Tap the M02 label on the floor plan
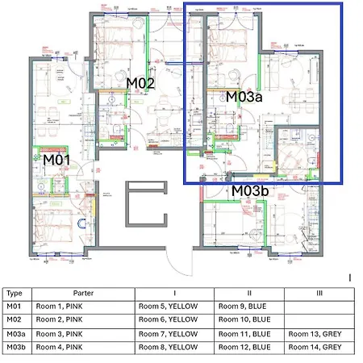(x=140, y=83)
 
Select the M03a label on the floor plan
(x=244, y=97)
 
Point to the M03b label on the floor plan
(x=251, y=191)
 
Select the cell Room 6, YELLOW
(x=168, y=319)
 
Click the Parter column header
(x=83, y=294)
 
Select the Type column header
(x=14, y=294)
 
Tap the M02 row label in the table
(x=14, y=319)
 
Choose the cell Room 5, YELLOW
(x=168, y=307)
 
